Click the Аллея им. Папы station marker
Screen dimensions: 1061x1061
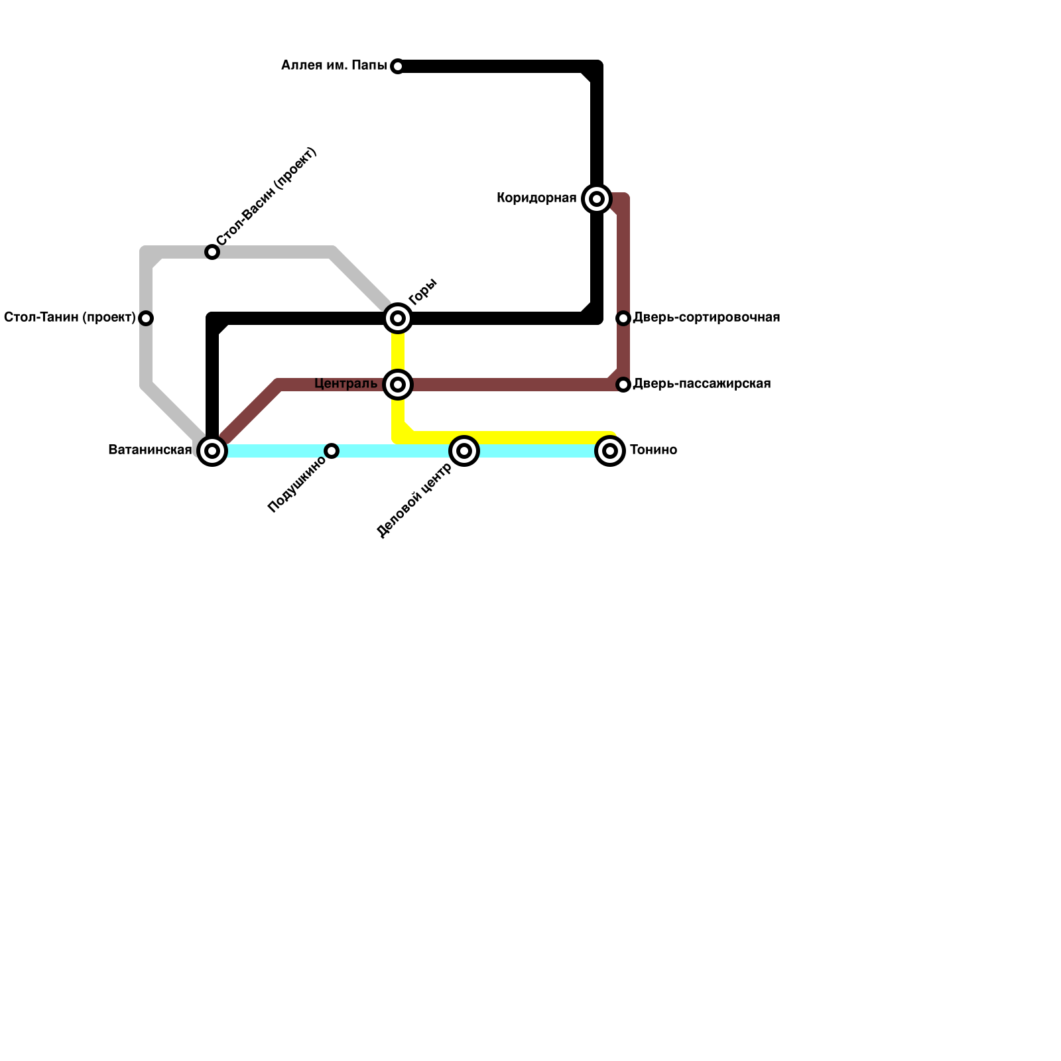[x=397, y=66]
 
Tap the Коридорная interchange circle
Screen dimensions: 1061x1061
[x=597, y=198]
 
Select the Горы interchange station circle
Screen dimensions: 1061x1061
[x=398, y=318]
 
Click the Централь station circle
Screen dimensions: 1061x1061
[x=398, y=385]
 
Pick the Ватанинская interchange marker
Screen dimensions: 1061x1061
[x=212, y=451]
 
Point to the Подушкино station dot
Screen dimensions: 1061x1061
[x=332, y=451]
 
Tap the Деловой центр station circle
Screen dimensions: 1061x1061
[x=464, y=451]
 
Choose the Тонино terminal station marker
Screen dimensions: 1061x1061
[x=610, y=451]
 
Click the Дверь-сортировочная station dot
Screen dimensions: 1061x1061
[x=623, y=318]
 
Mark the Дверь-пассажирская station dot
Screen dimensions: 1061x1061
[x=623, y=385]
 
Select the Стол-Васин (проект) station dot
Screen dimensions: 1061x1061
[x=212, y=252]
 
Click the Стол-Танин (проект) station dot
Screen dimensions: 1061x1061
[x=146, y=318]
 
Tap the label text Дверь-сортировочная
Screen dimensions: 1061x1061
[x=706, y=318]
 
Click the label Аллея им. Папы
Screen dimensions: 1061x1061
[x=334, y=66]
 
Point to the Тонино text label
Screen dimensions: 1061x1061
[x=653, y=450]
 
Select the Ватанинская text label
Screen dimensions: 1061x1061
[x=150, y=450]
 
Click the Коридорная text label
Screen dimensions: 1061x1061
[x=536, y=198]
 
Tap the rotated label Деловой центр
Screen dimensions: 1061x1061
[x=414, y=501]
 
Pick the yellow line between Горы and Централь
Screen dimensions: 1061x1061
[x=398, y=351]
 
